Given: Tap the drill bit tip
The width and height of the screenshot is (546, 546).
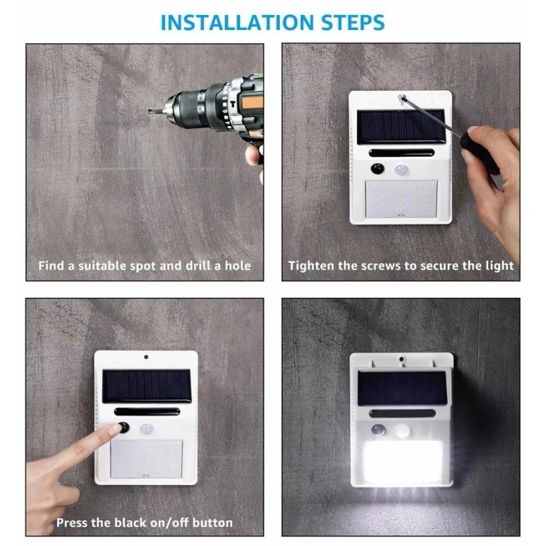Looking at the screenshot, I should pyautogui.click(x=151, y=111).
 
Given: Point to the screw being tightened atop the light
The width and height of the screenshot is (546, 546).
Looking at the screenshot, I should pyautogui.click(x=405, y=98).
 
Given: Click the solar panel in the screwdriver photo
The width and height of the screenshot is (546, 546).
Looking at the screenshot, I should pyautogui.click(x=401, y=126).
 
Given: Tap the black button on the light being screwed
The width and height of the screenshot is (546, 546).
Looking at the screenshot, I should pyautogui.click(x=376, y=169).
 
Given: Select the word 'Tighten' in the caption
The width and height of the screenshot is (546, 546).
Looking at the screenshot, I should pyautogui.click(x=313, y=265).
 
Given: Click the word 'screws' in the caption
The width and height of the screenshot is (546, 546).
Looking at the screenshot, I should pyautogui.click(x=390, y=265).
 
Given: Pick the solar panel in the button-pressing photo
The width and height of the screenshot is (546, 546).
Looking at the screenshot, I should pyautogui.click(x=146, y=386).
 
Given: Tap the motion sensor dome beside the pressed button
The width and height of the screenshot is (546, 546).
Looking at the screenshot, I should pyautogui.click(x=146, y=431).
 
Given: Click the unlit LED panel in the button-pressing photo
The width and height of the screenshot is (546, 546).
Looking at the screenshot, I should pyautogui.click(x=146, y=459).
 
